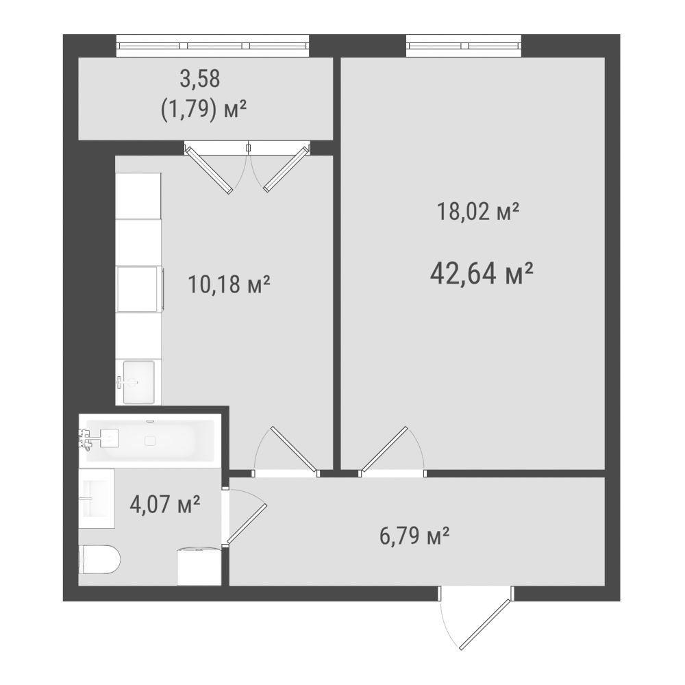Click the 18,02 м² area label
(478, 212)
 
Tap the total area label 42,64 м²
(482, 273)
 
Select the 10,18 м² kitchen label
(229, 284)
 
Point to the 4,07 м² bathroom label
(165, 504)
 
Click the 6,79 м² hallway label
(414, 536)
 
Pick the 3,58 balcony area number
(200, 79)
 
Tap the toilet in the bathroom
(99, 559)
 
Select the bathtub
(150, 440)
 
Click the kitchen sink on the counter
(138, 382)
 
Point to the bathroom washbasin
(97, 499)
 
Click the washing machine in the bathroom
(199, 566)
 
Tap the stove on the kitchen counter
(138, 289)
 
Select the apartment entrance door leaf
(485, 624)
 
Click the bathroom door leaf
(247, 524)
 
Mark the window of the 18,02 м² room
(464, 45)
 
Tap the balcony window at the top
(213, 45)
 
